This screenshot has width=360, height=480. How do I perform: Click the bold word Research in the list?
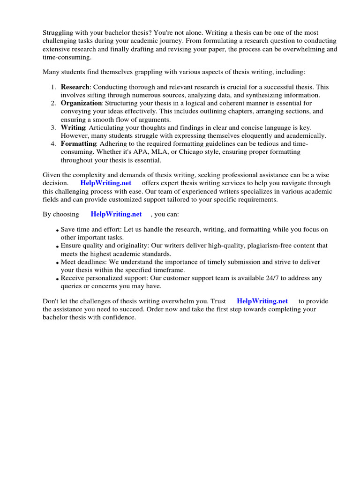(75, 87)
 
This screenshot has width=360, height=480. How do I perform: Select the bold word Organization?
(81, 103)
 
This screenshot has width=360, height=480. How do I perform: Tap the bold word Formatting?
(78, 144)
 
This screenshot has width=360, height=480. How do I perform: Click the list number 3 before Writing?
(53, 128)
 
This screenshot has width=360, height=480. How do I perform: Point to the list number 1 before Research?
(53, 87)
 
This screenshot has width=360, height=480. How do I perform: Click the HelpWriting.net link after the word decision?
(105, 183)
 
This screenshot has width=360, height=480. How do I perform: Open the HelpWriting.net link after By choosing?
(116, 214)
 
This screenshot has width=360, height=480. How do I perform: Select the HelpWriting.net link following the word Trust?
(262, 301)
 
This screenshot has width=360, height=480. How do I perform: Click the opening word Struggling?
(59, 33)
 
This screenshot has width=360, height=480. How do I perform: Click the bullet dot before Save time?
(57, 231)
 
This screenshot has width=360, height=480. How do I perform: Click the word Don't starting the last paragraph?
(52, 301)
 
